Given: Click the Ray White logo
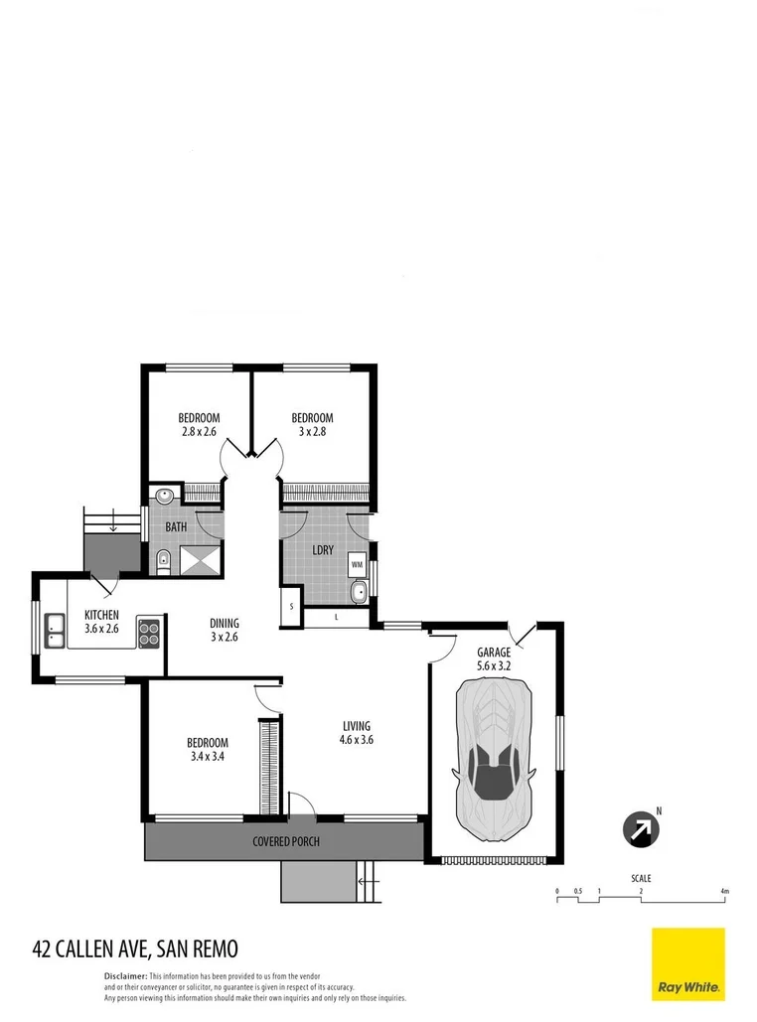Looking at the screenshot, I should point(687,964).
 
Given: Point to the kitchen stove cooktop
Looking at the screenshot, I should point(150,632).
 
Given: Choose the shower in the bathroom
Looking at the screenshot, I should point(200,561).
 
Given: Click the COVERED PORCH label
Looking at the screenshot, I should point(285,841).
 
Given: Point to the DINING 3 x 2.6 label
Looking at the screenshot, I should point(224,631).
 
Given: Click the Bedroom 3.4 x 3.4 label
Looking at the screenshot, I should point(208,750).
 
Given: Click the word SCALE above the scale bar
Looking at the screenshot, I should point(642,878).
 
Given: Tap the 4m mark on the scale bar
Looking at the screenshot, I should point(725,891).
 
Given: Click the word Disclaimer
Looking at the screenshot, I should point(126,977).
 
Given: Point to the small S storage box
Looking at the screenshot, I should point(292,605).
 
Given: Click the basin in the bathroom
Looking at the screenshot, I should point(164,495).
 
